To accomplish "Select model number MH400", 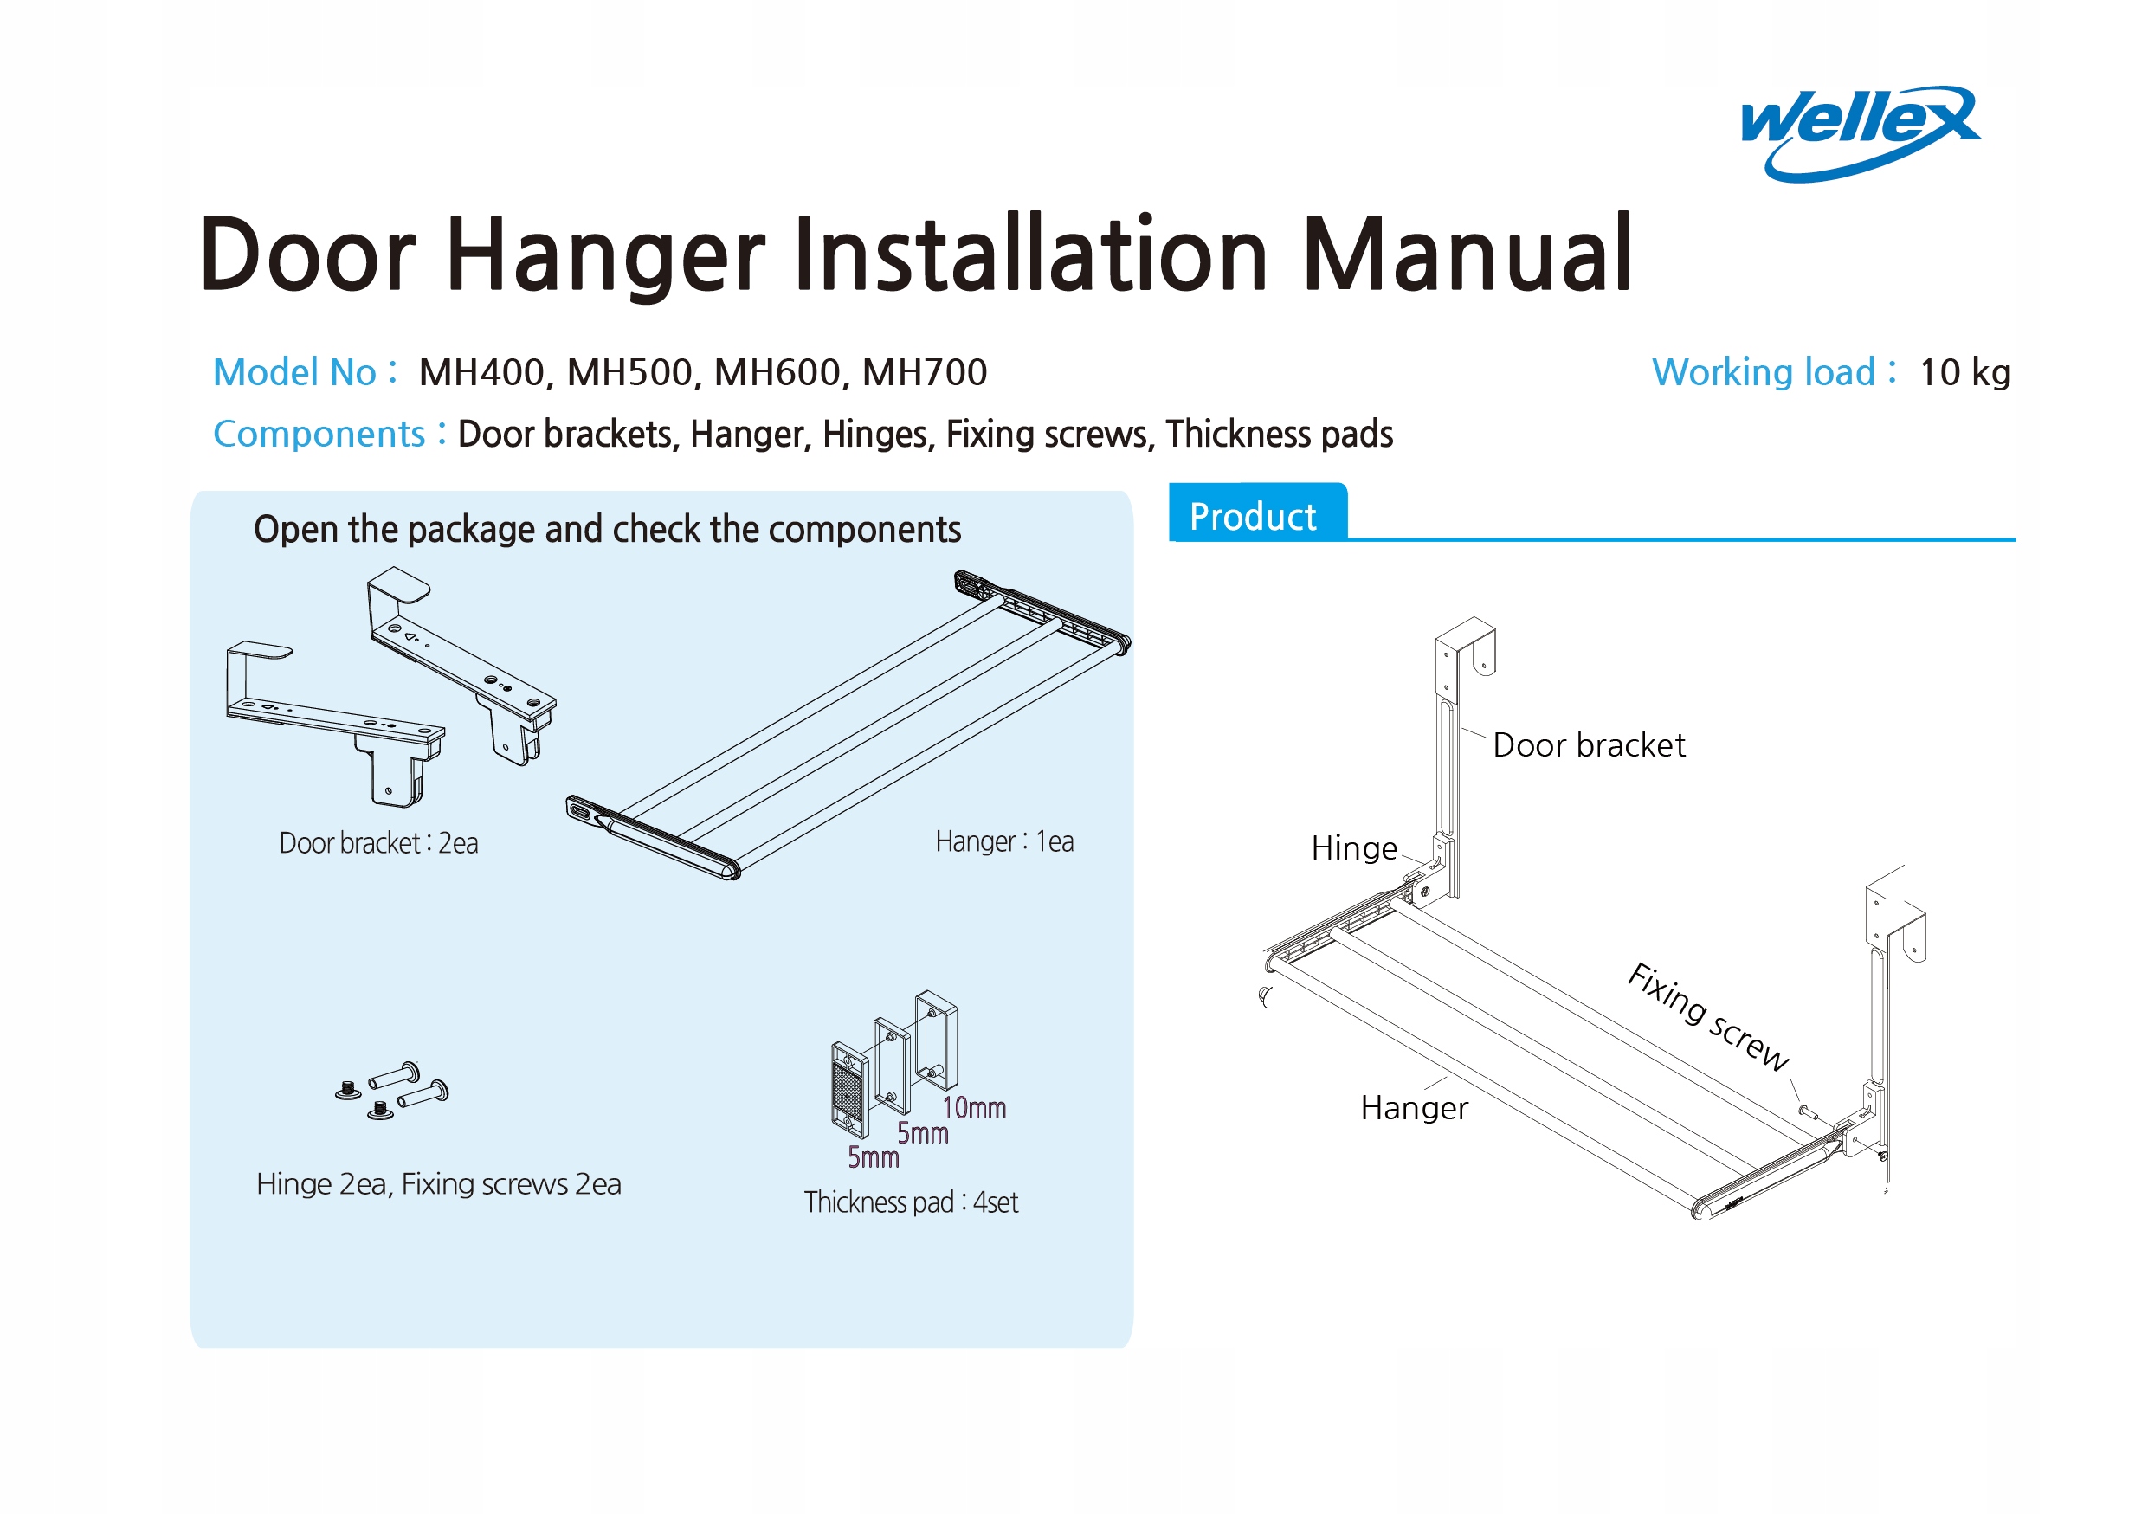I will click(x=481, y=372).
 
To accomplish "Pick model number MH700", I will click(x=925, y=372).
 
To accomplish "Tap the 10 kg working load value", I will click(x=1964, y=372).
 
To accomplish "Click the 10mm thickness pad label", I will click(x=974, y=1108).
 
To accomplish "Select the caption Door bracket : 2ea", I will click(x=379, y=842).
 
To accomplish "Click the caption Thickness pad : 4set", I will click(x=910, y=1202).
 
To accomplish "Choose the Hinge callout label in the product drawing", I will click(x=1354, y=848).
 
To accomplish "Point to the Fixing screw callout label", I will click(x=1707, y=1015).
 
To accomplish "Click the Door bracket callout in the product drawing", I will click(x=1588, y=745).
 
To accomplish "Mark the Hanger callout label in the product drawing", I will click(x=1414, y=1108).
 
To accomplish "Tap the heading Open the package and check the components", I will click(x=607, y=529).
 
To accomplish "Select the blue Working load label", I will click(x=1763, y=372).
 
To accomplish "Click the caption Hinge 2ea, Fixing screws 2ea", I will click(x=439, y=1184).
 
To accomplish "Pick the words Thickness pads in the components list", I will click(x=1279, y=434).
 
